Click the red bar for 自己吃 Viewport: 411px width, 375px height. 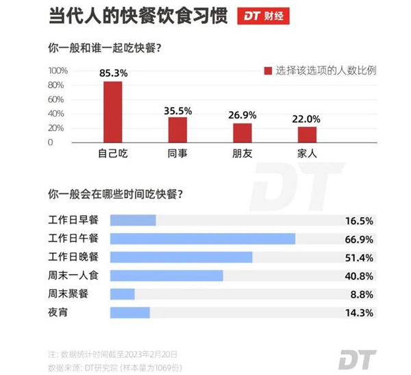tap(112, 112)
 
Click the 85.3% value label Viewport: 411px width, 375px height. tap(113, 73)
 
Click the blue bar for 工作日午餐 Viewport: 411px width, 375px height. tap(203, 238)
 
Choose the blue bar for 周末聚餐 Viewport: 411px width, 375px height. tap(123, 294)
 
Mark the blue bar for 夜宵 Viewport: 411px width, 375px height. tap(130, 313)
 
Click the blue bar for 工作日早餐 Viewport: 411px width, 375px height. tap(133, 219)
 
